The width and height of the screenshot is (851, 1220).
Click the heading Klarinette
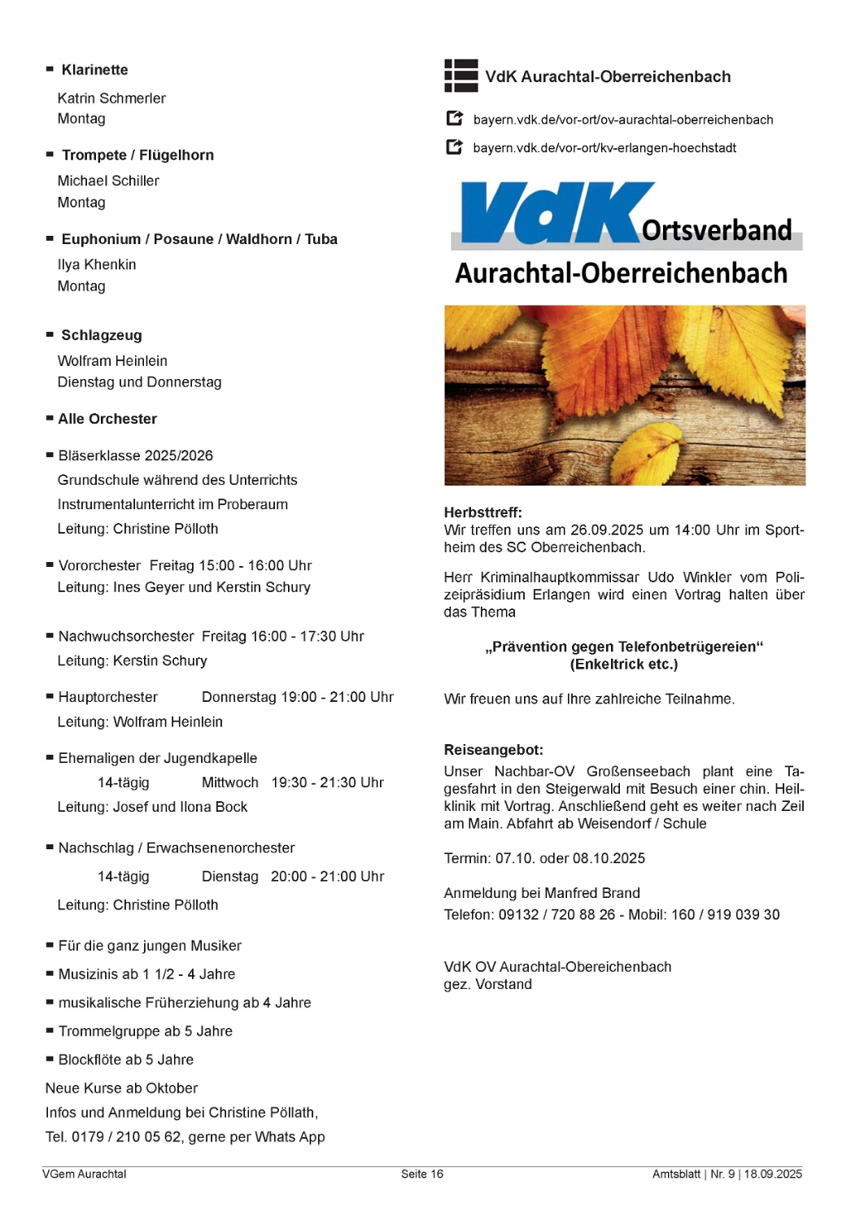tap(94, 70)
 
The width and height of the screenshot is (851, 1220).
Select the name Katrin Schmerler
tap(111, 98)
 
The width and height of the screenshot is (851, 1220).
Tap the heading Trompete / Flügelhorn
tap(137, 155)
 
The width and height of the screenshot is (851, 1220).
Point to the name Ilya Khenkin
tap(97, 264)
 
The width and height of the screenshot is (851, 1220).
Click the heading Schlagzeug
tap(102, 335)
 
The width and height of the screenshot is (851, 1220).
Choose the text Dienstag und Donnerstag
tap(139, 382)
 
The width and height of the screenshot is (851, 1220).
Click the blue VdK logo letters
tap(553, 212)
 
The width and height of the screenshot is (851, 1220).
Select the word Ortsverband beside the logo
tap(717, 230)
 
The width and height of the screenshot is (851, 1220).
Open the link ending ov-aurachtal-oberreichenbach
tap(623, 120)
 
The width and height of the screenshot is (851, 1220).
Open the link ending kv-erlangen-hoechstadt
tap(604, 148)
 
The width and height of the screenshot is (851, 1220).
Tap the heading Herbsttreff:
tap(483, 512)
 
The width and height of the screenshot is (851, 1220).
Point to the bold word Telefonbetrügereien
tap(691, 647)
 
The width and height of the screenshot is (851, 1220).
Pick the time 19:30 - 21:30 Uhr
tap(327, 782)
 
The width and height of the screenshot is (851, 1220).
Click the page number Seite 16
tap(422, 1174)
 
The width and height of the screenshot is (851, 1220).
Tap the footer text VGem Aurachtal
tap(85, 1174)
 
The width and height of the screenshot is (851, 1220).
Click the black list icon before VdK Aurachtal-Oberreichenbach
tap(461, 76)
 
